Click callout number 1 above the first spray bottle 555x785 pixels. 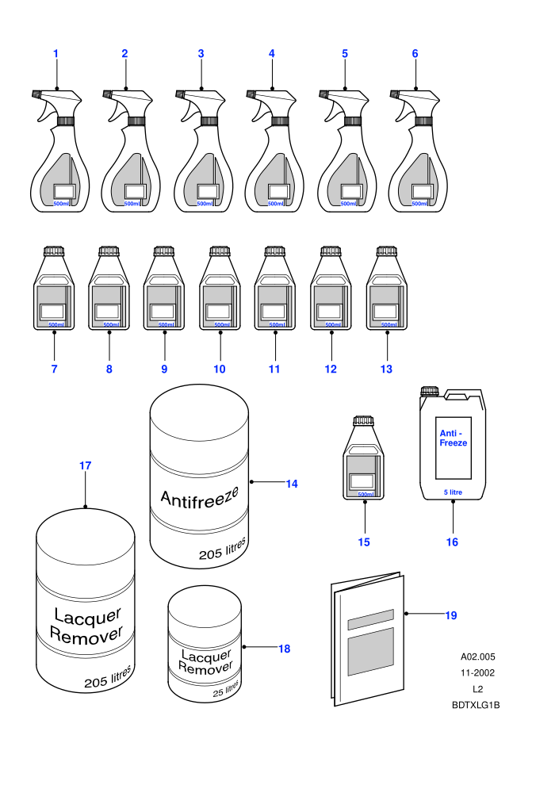pos(55,54)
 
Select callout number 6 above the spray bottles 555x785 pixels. pos(415,54)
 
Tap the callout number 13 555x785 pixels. pos(386,369)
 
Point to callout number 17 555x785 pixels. pos(85,465)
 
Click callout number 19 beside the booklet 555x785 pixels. pos(451,615)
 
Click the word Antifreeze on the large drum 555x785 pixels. pos(199,496)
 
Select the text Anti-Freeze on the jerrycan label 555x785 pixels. pos(453,438)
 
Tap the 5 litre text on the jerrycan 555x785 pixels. pos(453,492)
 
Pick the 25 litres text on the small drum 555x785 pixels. pos(226,689)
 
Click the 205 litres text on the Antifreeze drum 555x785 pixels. pos(223,549)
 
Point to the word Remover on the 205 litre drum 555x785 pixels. pos(86,636)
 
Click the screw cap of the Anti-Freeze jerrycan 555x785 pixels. pos(430,392)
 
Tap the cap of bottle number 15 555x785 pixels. pos(363,421)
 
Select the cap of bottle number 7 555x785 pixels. pos(54,251)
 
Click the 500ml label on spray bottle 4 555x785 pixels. pos(275,204)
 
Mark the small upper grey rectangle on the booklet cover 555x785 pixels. pos(371,619)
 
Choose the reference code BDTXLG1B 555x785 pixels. pos(476,705)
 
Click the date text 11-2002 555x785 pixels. pos(477,673)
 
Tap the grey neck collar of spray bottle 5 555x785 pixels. pos(352,121)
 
